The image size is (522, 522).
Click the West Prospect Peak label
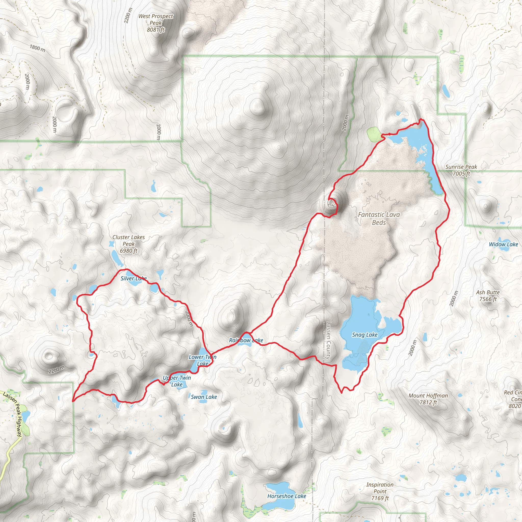(x=156, y=23)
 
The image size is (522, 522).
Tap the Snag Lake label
(x=364, y=335)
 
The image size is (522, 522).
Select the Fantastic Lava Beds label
(x=379, y=219)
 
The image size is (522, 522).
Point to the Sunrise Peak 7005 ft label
(x=461, y=170)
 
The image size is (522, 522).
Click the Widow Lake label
(x=503, y=244)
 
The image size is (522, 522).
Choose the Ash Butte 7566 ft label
(x=488, y=296)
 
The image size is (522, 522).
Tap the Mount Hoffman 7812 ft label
(x=428, y=399)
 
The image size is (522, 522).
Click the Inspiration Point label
(x=380, y=491)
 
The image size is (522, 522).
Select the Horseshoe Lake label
(x=286, y=496)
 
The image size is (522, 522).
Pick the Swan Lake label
(x=204, y=397)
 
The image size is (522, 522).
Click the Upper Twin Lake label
(x=177, y=381)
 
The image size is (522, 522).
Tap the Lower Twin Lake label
(x=202, y=360)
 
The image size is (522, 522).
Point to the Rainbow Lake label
(x=246, y=341)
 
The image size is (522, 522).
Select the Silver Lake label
(x=134, y=278)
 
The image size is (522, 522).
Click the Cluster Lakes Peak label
(x=129, y=244)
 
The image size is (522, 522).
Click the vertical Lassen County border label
(x=329, y=341)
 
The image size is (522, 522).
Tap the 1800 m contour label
(x=37, y=48)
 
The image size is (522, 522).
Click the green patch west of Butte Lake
(x=374, y=134)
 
